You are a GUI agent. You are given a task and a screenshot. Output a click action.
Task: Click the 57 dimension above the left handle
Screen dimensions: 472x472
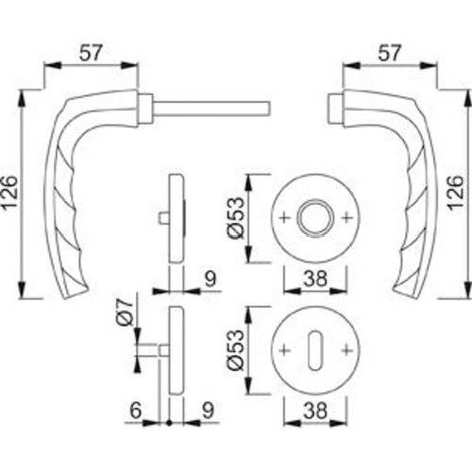point(90,54)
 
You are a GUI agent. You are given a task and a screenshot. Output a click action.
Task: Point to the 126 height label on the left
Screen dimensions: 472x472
point(12,194)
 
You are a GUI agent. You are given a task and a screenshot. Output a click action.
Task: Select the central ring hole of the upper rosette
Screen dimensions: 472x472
point(310,218)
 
